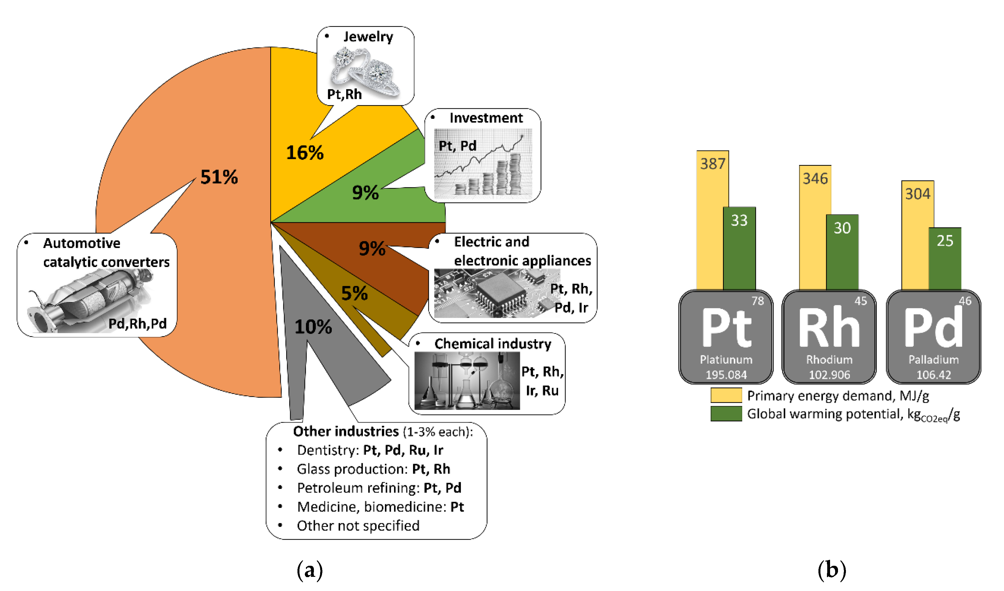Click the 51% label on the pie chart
219,177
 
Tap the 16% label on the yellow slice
305,152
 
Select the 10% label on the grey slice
313,327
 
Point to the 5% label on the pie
354,293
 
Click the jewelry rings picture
365,72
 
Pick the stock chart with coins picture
483,164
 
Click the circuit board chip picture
496,293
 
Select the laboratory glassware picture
467,381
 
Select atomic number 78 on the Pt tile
757,301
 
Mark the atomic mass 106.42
933,375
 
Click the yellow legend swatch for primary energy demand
726,396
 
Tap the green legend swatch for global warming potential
726,414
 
